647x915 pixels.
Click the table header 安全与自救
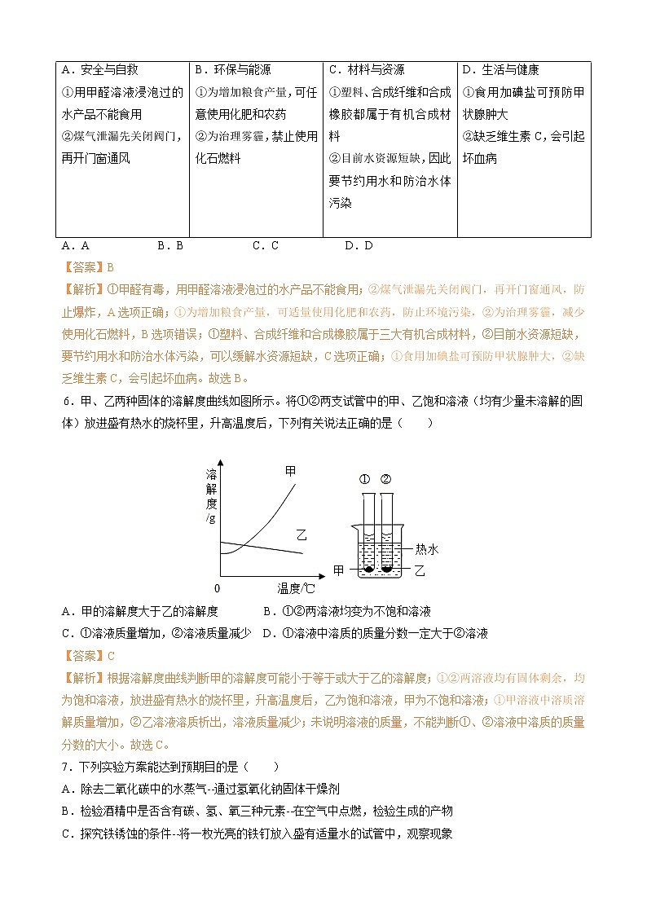[x=100, y=71]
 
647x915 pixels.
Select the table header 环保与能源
[x=233, y=71]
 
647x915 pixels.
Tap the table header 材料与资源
[x=367, y=71]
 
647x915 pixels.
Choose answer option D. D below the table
[x=358, y=244]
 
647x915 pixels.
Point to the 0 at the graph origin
[x=218, y=588]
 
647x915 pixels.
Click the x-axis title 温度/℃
[x=296, y=588]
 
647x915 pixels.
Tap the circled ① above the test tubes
[x=365, y=478]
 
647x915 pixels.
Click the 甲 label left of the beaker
[x=339, y=570]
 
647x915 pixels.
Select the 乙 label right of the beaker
[x=420, y=570]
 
